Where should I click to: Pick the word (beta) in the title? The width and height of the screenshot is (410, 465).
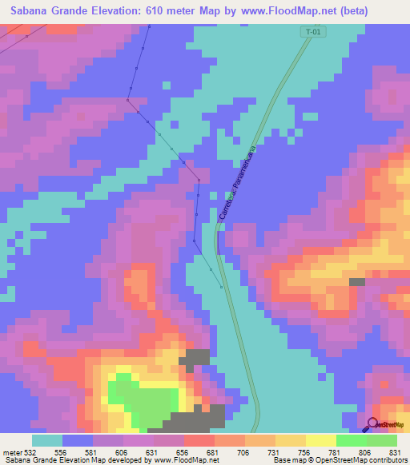[x=383, y=10]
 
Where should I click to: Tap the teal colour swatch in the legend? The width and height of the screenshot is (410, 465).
[x=47, y=440]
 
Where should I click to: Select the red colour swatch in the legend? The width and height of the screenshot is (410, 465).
[x=199, y=440]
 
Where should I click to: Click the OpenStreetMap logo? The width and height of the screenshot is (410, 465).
[x=388, y=424]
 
